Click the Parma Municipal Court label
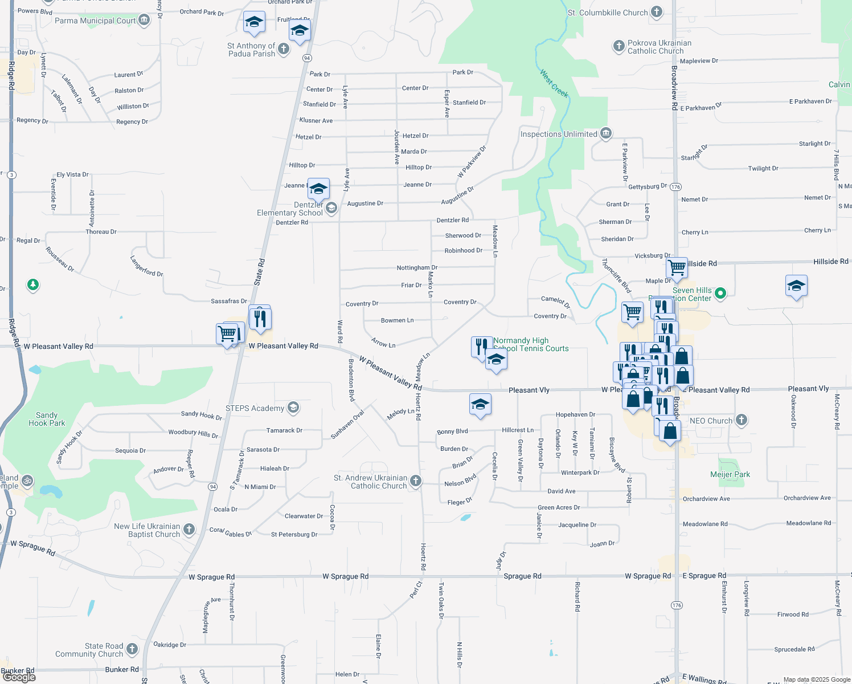point(95,21)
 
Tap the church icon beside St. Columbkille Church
point(657,12)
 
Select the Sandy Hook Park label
point(47,419)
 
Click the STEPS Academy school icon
point(293,407)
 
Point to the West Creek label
point(554,84)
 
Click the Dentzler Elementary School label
point(290,209)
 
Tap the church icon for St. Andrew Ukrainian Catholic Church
point(416,481)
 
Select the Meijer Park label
point(730,474)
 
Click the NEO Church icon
point(741,420)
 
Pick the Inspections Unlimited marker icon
point(606,133)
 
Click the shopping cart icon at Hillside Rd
point(677,267)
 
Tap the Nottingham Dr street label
point(417,267)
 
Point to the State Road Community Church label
point(89,650)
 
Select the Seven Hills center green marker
point(720,293)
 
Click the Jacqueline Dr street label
point(577,524)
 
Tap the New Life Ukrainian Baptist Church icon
point(189,530)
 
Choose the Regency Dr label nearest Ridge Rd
point(32,120)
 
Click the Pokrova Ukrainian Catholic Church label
point(659,47)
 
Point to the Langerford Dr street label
point(146,266)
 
